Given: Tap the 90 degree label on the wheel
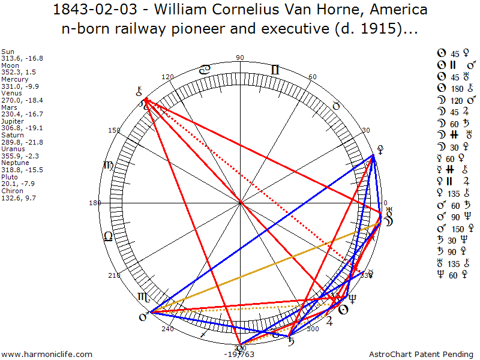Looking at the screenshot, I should pyautogui.click(x=241, y=58).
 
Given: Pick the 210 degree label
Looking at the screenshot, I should pyautogui.click(x=113, y=275).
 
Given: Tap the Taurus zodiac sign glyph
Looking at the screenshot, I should pyautogui.click(x=337, y=105).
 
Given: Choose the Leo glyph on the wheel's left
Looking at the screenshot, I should pyautogui.click(x=108, y=236).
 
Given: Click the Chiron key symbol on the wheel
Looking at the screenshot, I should pyautogui.click(x=140, y=92).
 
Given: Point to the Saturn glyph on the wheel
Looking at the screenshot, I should pyautogui.click(x=291, y=343).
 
